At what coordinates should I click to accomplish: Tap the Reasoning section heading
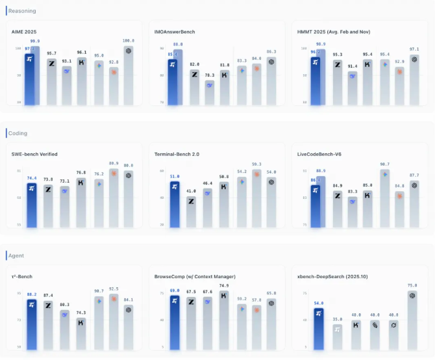click(22, 11)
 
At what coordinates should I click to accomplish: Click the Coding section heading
click(18, 133)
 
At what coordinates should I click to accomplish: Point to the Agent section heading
click(17, 255)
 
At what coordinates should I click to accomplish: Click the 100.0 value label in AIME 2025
click(129, 40)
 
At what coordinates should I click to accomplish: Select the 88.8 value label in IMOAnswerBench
click(178, 44)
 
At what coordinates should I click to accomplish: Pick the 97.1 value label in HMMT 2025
click(414, 49)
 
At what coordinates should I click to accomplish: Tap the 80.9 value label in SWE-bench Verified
click(114, 163)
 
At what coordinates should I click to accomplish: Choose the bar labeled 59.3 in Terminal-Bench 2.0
click(256, 198)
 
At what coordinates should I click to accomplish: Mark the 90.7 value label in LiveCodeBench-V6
click(385, 164)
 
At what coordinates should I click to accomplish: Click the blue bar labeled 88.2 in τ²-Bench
click(31, 324)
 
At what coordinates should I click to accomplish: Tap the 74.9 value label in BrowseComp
click(224, 285)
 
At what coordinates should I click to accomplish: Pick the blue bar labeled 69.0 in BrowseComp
click(175, 322)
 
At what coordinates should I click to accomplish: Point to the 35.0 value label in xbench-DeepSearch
click(337, 319)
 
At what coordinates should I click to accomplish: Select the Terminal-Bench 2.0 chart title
click(175, 154)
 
